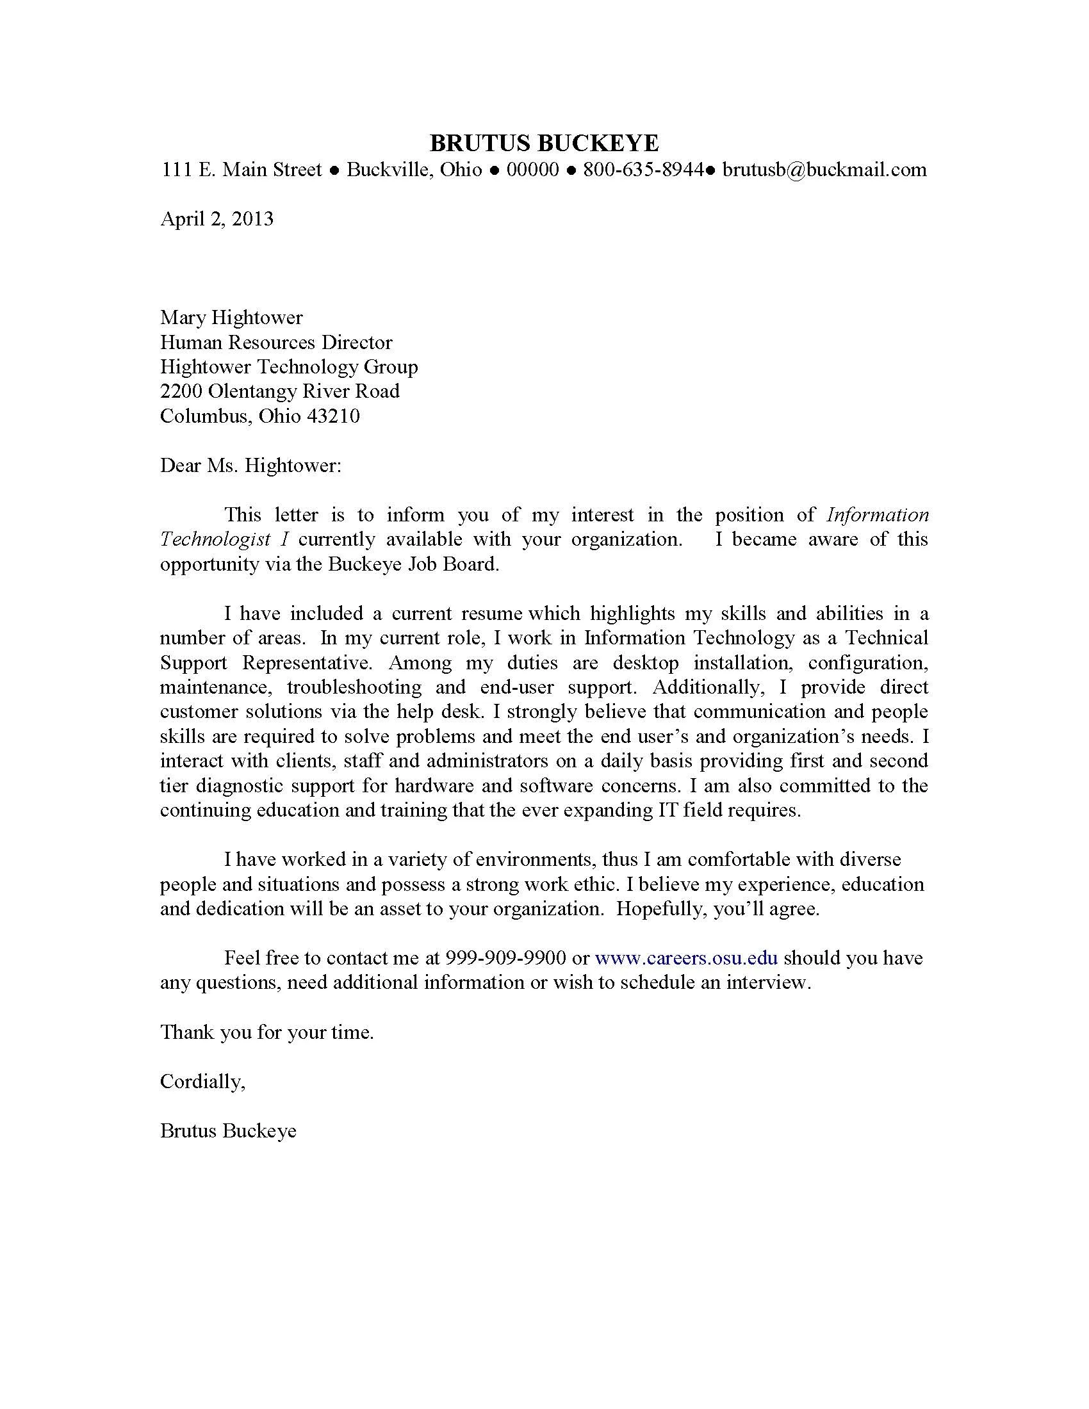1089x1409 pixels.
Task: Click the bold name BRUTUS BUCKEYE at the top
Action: pyautogui.click(x=544, y=143)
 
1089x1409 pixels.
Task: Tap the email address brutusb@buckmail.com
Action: pyautogui.click(x=824, y=170)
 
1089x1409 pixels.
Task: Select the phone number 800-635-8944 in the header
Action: pyautogui.click(x=643, y=170)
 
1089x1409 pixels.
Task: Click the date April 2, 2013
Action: pyautogui.click(x=217, y=218)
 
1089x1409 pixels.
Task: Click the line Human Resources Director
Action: pyautogui.click(x=276, y=342)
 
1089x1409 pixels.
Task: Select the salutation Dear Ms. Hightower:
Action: pyautogui.click(x=250, y=465)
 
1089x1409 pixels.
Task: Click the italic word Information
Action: pyautogui.click(x=878, y=515)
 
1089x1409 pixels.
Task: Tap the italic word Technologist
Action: pyautogui.click(x=215, y=539)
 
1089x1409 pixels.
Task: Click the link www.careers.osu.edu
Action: pyautogui.click(x=686, y=957)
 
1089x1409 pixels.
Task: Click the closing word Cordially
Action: pyautogui.click(x=202, y=1080)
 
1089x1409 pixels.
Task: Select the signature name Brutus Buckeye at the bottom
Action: pyautogui.click(x=229, y=1130)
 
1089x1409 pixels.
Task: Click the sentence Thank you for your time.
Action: pyautogui.click(x=267, y=1032)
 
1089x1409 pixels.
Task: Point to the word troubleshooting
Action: pyautogui.click(x=354, y=687)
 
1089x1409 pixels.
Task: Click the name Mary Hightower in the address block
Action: pyautogui.click(x=231, y=318)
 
